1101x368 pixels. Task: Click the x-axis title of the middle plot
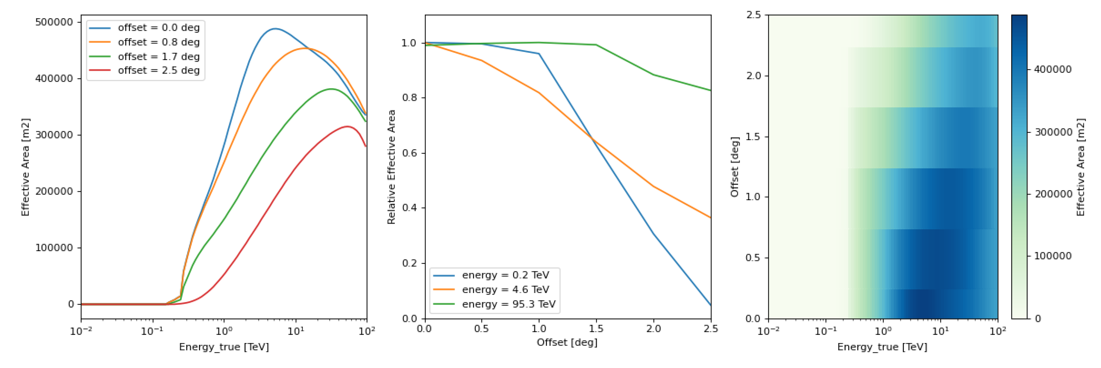567,342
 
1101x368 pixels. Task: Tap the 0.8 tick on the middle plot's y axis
409,98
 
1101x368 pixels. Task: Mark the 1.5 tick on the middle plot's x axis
596,329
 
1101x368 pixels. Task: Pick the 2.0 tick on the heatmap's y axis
754,76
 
